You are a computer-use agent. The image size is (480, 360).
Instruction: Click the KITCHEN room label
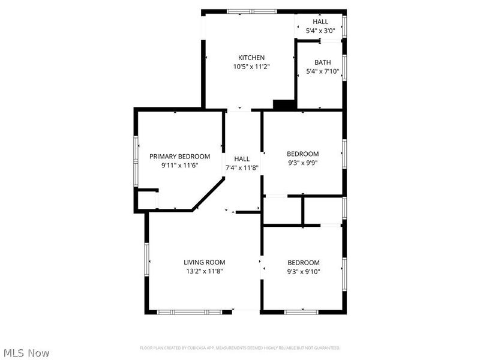[251, 58]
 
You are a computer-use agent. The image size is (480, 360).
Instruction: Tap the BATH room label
[323, 62]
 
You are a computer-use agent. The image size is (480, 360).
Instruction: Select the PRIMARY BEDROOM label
[180, 156]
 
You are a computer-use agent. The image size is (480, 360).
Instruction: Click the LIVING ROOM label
[205, 262]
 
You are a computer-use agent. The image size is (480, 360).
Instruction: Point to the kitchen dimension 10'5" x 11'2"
[251, 67]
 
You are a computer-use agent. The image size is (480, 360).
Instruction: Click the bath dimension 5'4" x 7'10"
[323, 71]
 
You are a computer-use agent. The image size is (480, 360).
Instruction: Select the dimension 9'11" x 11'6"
[180, 165]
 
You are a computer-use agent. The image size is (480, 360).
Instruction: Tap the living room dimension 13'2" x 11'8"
[205, 271]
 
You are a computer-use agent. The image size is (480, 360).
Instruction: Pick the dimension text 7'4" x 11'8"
[242, 167]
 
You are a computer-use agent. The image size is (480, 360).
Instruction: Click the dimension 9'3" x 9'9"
[303, 162]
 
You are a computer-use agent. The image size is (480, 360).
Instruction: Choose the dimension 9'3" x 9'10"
[304, 271]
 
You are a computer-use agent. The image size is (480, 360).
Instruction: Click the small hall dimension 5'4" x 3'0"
[316, 31]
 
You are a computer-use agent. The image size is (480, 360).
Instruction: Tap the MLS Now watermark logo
[26, 353]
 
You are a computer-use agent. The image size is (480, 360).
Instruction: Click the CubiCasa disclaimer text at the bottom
[240, 348]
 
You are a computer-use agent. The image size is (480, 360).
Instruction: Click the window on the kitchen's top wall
[251, 11]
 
